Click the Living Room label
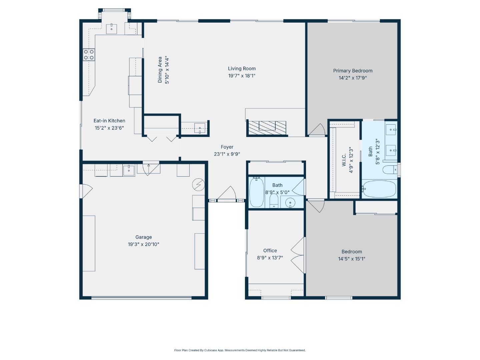pyautogui.click(x=242, y=69)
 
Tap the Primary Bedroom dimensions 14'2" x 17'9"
pyautogui.click(x=353, y=78)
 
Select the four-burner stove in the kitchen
pyautogui.click(x=89, y=55)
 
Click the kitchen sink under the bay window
pyautogui.click(x=112, y=29)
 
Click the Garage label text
pyautogui.click(x=143, y=237)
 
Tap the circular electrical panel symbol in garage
pyautogui.click(x=199, y=184)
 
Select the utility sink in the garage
pyautogui.click(x=129, y=170)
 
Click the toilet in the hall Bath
pyautogui.click(x=274, y=201)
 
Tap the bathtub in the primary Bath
pyautogui.click(x=379, y=189)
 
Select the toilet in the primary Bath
pyautogui.click(x=389, y=170)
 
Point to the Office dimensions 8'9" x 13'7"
pyautogui.click(x=270, y=258)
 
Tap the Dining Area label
pyautogui.click(x=160, y=70)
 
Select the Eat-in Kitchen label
pyautogui.click(x=109, y=121)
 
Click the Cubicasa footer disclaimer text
pyautogui.click(x=240, y=350)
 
